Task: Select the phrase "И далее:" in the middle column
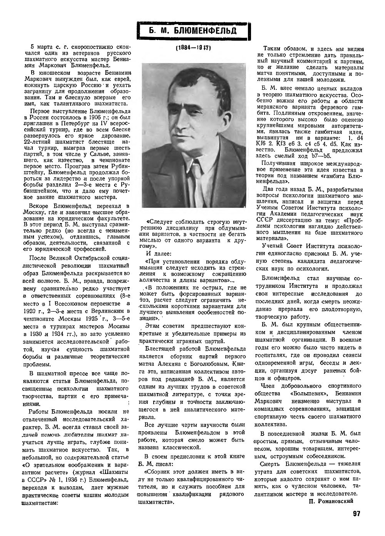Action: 156,253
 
